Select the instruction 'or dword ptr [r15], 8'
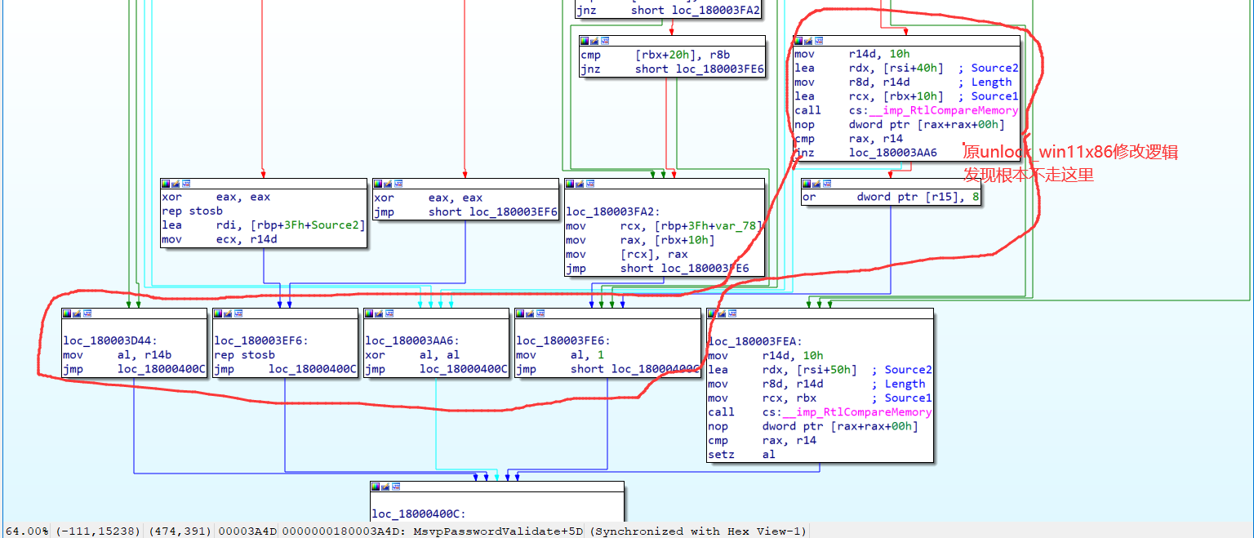click(891, 197)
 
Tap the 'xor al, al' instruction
click(412, 355)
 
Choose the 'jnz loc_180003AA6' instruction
click(865, 153)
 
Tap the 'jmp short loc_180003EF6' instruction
click(465, 211)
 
